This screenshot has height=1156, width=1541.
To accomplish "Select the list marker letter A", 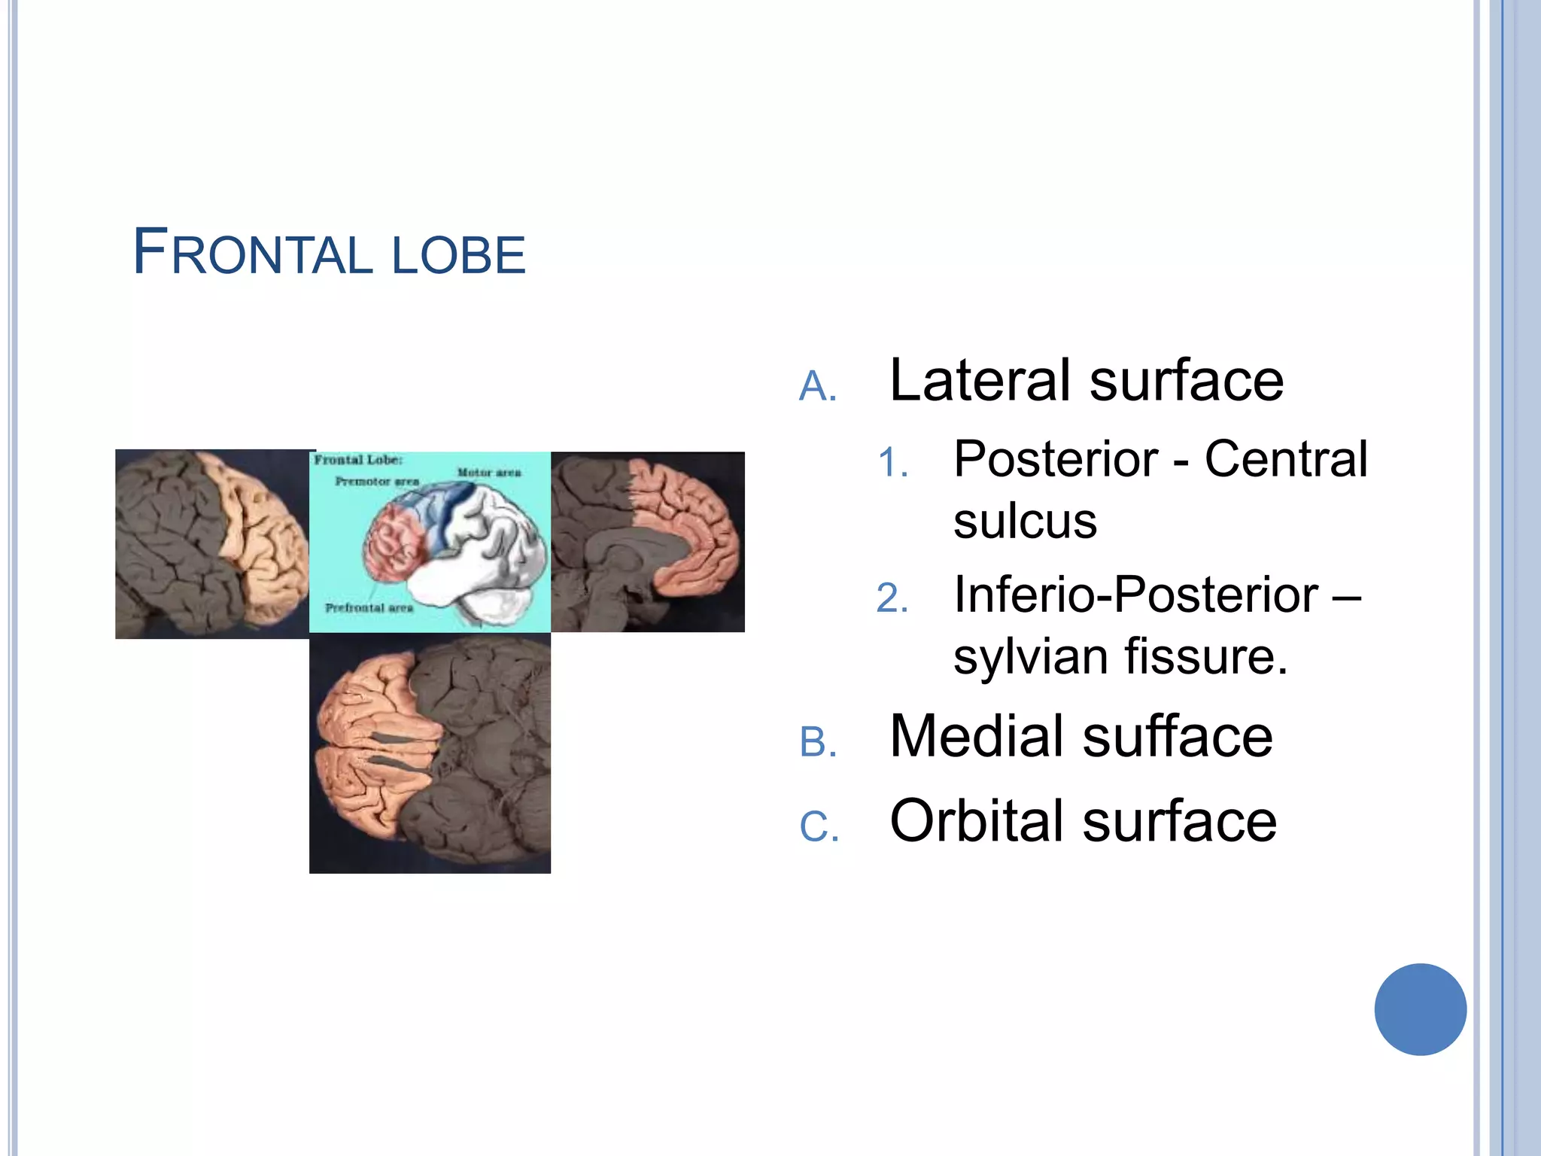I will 817,388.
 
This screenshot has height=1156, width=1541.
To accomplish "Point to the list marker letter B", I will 818,743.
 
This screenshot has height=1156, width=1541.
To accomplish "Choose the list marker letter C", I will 819,826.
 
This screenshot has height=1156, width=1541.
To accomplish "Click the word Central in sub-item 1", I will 1285,459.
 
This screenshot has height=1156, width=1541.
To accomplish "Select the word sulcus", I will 1025,521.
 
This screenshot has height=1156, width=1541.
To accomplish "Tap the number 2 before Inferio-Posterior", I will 892,599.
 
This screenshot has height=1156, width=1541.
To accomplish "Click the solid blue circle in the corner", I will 1420,1009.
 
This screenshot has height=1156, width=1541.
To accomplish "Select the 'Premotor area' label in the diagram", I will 377,481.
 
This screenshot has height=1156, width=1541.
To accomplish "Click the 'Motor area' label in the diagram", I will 489,473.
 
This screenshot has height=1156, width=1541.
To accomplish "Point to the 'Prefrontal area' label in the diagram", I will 369,607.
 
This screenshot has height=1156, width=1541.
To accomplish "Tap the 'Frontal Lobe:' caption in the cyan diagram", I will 358,460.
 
